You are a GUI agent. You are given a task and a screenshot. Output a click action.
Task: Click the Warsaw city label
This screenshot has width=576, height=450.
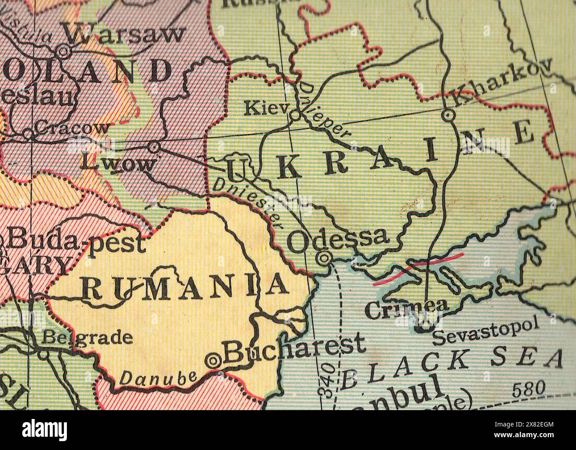click(x=124, y=33)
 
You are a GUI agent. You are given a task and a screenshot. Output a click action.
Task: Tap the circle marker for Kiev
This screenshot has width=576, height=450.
click(x=295, y=116)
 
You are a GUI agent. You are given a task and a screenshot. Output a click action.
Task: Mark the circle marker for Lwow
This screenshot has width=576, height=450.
click(x=154, y=146)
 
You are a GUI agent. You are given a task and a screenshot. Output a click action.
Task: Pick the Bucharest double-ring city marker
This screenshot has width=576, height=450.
click(x=214, y=361)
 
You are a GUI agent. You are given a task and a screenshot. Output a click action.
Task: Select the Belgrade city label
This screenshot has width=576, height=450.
click(x=87, y=338)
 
